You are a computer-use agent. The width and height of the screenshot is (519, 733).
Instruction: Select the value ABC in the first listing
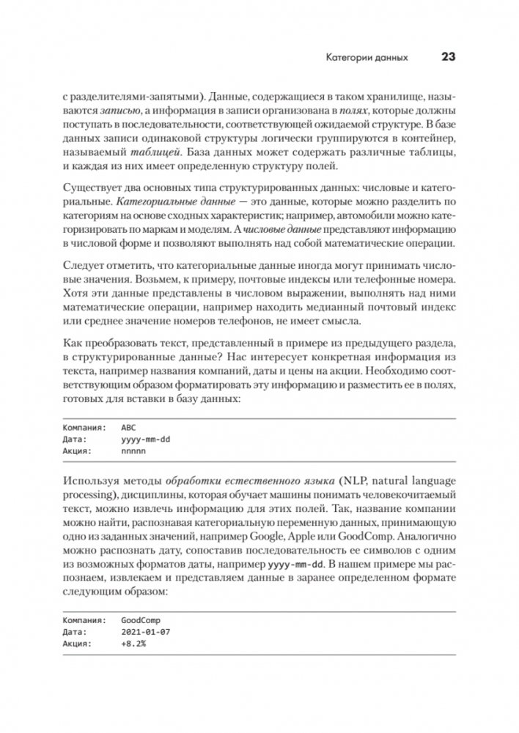click(129, 426)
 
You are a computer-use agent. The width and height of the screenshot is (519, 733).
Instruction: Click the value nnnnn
click(134, 452)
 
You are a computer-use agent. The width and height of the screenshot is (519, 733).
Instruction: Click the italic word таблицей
click(152, 154)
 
